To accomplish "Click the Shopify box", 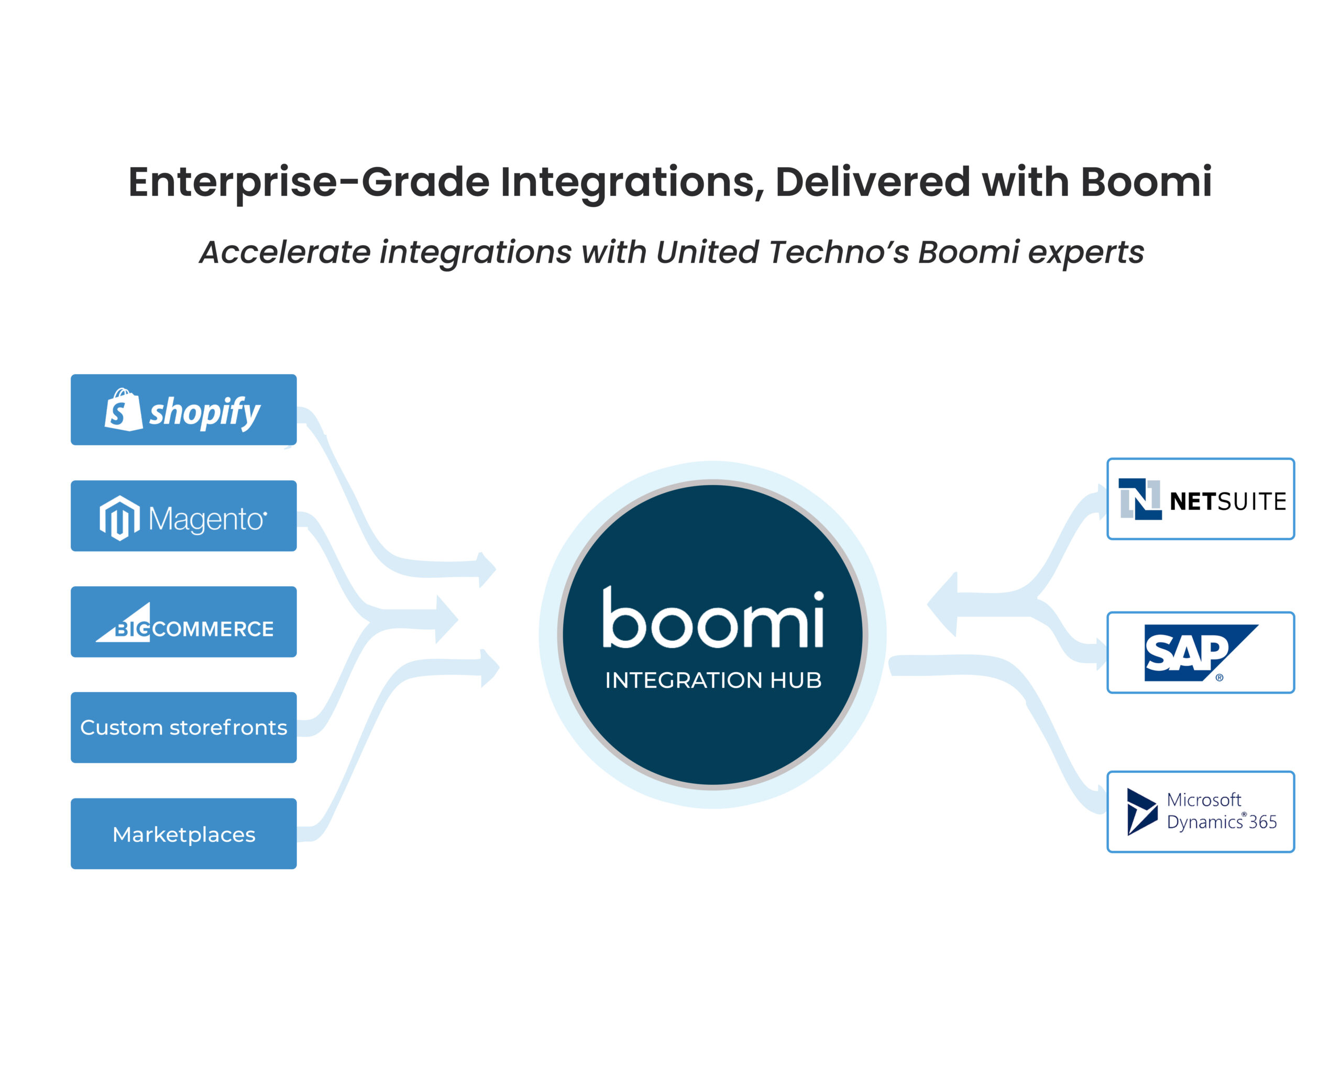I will point(183,409).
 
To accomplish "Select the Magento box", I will point(183,516).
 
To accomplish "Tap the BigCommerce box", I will point(183,621).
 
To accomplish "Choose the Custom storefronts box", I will point(183,727).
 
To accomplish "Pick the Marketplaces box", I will point(183,834).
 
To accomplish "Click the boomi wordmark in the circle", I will point(713,619).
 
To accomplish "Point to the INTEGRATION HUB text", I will point(713,680).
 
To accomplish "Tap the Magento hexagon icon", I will point(119,518).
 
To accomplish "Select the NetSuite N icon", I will point(1139,499).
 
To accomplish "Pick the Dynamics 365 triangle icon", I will point(1141,812).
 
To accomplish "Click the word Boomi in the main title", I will point(1146,182).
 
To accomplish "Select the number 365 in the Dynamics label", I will point(1262,823).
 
